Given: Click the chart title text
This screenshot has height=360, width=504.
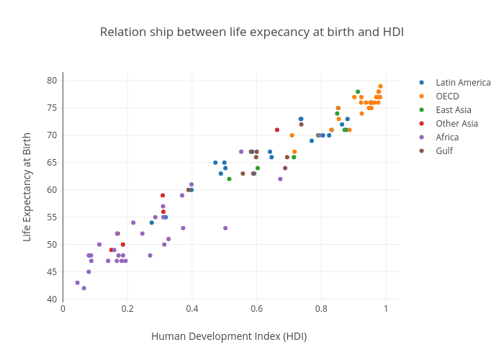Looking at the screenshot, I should pyautogui.click(x=251, y=32).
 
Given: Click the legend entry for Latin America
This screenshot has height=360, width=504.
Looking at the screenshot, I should pyautogui.click(x=463, y=82).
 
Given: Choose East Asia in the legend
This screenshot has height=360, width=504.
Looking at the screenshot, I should pyautogui.click(x=454, y=109).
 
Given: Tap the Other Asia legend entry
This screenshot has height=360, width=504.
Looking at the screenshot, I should pyautogui.click(x=456, y=123).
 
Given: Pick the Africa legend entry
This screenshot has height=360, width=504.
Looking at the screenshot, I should pyautogui.click(x=447, y=137).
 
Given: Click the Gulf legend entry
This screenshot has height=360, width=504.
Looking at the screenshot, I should pyautogui.click(x=444, y=150).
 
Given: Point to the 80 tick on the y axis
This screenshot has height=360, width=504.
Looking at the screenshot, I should pyautogui.click(x=53, y=81).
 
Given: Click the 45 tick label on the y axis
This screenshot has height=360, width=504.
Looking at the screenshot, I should pyautogui.click(x=53, y=272).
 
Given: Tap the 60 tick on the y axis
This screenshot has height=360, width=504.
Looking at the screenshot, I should pyautogui.click(x=53, y=190).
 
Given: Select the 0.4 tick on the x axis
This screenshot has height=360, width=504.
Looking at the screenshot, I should pyautogui.click(x=192, y=309).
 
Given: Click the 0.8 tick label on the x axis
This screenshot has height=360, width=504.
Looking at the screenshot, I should pyautogui.click(x=321, y=309).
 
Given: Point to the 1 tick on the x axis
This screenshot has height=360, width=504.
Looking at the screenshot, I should pyautogui.click(x=386, y=309).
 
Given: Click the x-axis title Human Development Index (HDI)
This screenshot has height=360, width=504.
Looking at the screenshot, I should pyautogui.click(x=229, y=336).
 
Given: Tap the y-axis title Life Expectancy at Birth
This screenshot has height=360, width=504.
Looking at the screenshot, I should pyautogui.click(x=27, y=186).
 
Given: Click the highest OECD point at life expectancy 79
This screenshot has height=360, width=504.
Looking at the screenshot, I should pyautogui.click(x=381, y=86).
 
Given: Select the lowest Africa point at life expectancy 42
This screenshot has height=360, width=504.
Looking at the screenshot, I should pyautogui.click(x=84, y=288).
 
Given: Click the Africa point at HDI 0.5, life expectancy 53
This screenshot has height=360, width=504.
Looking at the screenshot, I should pyautogui.click(x=225, y=228).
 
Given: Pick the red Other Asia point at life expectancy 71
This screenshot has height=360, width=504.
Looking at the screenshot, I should pyautogui.click(x=277, y=130).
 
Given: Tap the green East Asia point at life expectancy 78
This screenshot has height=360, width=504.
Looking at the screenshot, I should pyautogui.click(x=358, y=91).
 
